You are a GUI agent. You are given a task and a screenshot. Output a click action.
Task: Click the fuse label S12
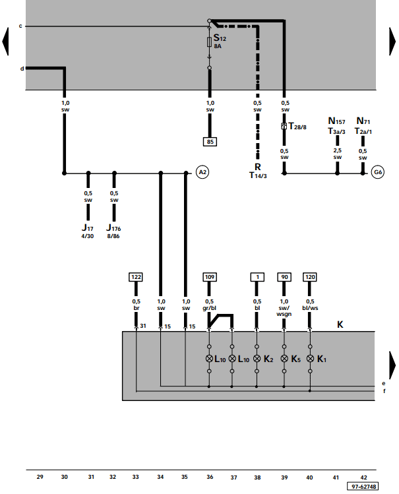[220, 38]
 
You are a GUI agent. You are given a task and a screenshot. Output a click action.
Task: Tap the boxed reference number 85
[210, 142]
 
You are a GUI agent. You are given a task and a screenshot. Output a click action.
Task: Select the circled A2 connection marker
[202, 172]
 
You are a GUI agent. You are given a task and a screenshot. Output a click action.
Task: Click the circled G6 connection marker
[377, 172]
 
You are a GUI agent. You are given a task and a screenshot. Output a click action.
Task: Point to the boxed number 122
[136, 277]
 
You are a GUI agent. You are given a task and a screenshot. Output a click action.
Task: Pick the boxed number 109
[210, 277]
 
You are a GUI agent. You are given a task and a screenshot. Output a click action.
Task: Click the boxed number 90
[284, 277]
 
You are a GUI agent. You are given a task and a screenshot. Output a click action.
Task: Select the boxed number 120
[310, 277]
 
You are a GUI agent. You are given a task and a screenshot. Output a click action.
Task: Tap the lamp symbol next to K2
[257, 359]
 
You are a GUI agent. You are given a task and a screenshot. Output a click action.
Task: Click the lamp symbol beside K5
[284, 359]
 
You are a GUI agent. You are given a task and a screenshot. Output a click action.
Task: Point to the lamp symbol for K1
[310, 359]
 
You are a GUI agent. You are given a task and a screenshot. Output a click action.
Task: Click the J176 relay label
[113, 228]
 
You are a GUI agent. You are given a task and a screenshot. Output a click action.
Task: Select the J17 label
[88, 228]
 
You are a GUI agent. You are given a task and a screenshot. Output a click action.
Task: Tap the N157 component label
[336, 121]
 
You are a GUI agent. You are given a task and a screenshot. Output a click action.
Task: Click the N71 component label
[363, 121]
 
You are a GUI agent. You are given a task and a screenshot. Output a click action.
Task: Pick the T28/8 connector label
[297, 127]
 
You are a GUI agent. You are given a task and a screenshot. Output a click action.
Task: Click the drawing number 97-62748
[363, 487]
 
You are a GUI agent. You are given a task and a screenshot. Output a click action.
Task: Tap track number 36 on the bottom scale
[210, 477]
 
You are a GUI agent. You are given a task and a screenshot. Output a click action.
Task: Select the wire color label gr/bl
[210, 308]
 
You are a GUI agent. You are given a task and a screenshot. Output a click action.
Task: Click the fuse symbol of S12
[209, 42]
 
